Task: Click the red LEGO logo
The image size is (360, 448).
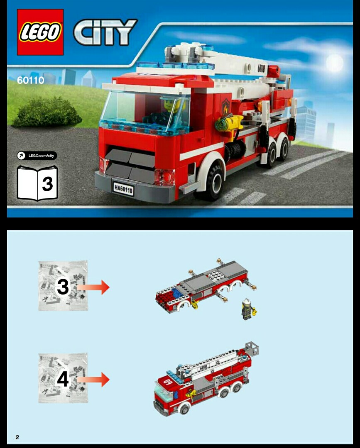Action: click(x=40, y=32)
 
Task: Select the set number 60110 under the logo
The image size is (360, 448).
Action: click(x=30, y=80)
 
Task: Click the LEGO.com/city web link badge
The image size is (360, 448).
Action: click(x=37, y=156)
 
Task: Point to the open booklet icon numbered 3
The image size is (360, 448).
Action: click(x=37, y=183)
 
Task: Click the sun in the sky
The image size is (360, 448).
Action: click(x=335, y=62)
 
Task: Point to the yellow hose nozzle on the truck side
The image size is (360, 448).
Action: click(x=232, y=123)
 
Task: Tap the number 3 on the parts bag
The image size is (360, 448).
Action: click(x=63, y=287)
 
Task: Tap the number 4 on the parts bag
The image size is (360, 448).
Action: click(x=63, y=379)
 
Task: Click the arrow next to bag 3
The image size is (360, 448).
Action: click(x=94, y=287)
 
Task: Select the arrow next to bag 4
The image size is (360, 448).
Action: click(x=94, y=379)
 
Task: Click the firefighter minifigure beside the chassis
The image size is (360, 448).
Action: click(x=248, y=309)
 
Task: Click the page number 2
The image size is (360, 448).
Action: click(x=17, y=437)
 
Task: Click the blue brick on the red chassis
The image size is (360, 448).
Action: click(x=177, y=292)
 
